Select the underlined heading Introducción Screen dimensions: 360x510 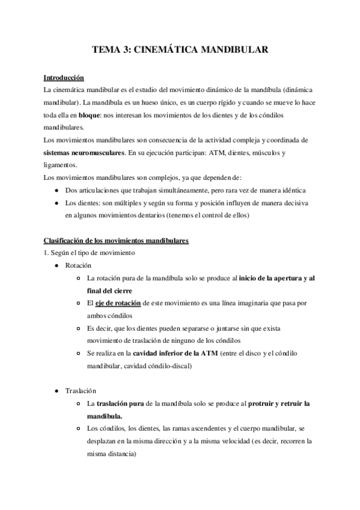[x=64, y=78]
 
